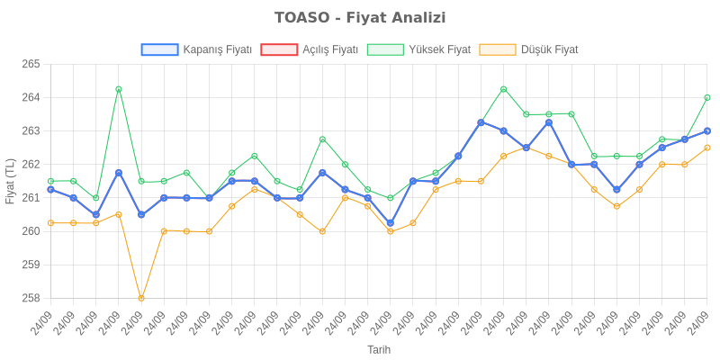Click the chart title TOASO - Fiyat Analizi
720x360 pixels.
point(360,18)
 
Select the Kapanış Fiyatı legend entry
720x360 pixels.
point(216,49)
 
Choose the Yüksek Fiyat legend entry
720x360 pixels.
point(439,49)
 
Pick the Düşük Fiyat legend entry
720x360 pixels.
point(550,49)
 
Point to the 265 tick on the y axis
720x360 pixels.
point(31,64)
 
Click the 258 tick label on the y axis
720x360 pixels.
point(31,298)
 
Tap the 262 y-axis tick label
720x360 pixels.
point(31,164)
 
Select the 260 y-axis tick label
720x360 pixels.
point(31,231)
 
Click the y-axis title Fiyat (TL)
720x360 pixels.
point(10,181)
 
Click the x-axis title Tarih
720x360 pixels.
point(379,349)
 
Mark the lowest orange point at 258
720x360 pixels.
point(141,298)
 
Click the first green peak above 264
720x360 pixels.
point(119,89)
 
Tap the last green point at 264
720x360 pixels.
point(707,97)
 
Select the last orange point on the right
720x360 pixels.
point(707,148)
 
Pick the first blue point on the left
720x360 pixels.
point(50,190)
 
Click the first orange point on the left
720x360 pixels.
point(50,223)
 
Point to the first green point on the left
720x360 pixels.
point(50,181)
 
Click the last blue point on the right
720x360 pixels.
point(707,130)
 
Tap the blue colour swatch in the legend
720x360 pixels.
point(159,49)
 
